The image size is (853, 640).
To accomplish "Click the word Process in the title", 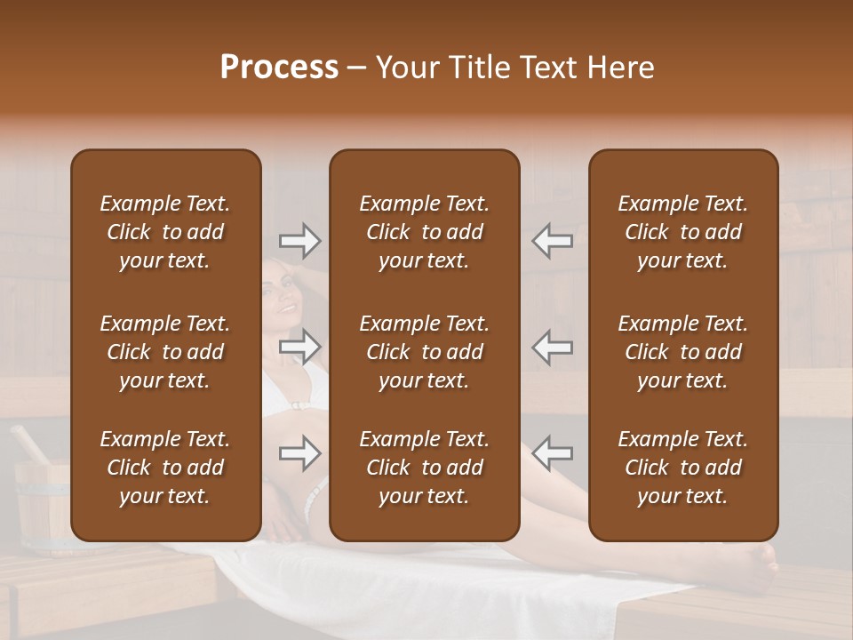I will (279, 68).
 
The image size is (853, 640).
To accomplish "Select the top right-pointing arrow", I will (299, 241).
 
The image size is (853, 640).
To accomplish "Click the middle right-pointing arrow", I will (299, 347).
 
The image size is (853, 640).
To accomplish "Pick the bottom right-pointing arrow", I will (299, 453).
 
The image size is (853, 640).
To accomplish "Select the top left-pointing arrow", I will (552, 241).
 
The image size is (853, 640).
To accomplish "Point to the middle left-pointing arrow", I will (552, 347).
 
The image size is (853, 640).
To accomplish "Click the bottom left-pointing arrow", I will (552, 453).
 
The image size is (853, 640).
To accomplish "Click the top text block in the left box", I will (165, 232).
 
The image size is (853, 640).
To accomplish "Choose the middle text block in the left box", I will (165, 352).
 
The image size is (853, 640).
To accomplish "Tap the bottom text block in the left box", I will (165, 468).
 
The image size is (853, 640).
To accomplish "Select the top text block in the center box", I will (424, 232).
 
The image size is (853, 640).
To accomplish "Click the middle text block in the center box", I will (424, 352).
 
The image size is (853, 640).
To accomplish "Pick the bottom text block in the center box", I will (424, 468).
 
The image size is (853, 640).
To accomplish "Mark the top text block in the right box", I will (682, 232).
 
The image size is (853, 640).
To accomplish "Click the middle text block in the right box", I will (682, 352).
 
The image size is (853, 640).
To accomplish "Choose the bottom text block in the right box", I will (682, 468).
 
